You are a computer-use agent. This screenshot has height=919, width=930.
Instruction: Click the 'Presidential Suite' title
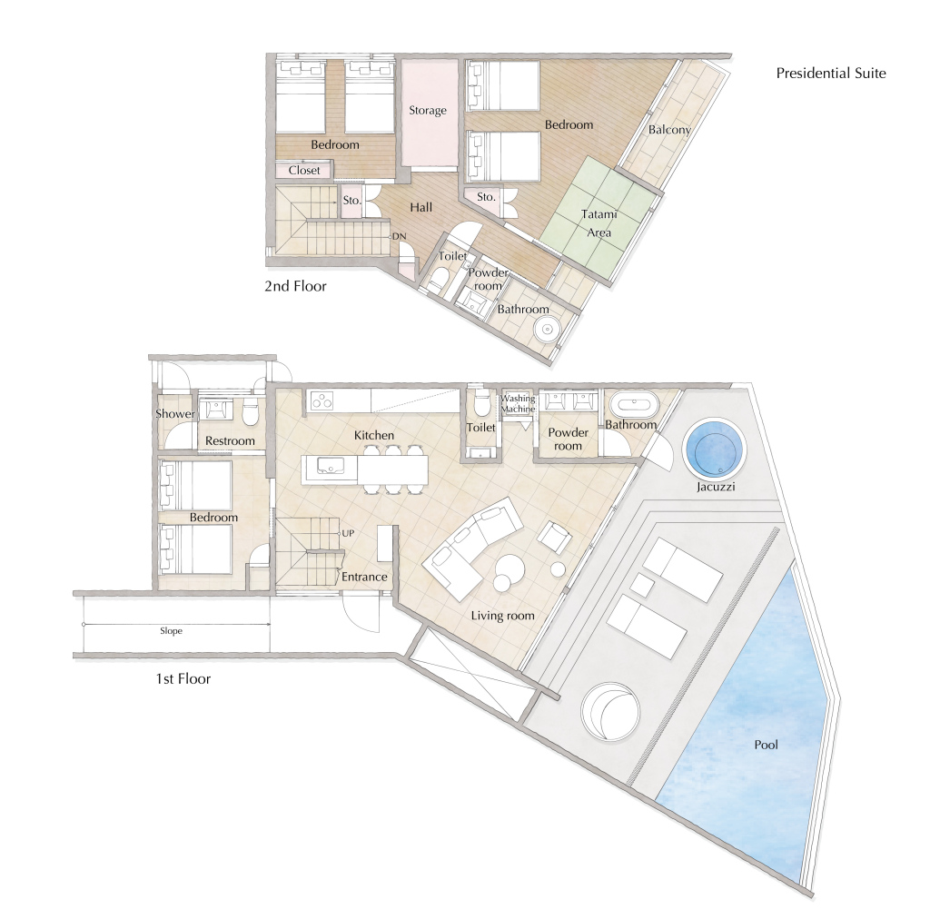(831, 73)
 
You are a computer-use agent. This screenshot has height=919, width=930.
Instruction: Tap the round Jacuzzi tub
(714, 449)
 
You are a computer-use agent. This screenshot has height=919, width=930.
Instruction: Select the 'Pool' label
(766, 745)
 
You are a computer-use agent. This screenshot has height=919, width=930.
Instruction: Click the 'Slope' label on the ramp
(171, 631)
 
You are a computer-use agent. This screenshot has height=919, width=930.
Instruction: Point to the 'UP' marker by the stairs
(348, 533)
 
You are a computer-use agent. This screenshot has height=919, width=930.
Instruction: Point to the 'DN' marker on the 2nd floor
(400, 236)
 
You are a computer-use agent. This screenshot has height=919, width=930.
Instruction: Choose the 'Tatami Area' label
(599, 223)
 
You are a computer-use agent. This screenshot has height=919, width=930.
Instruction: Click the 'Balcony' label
(669, 130)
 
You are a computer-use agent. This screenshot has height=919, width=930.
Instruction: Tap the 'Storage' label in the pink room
(428, 110)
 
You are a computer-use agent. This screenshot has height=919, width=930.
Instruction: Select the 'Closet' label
(304, 170)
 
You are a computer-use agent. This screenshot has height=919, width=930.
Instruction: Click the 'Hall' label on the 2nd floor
(421, 208)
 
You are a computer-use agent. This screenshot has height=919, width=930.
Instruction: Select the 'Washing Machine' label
(518, 404)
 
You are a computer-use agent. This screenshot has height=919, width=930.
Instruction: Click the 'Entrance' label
(364, 577)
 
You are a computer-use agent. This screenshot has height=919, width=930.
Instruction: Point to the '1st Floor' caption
(183, 679)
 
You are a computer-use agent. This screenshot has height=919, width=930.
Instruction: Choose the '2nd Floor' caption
(295, 286)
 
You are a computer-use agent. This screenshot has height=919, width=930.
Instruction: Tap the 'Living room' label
(503, 616)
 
